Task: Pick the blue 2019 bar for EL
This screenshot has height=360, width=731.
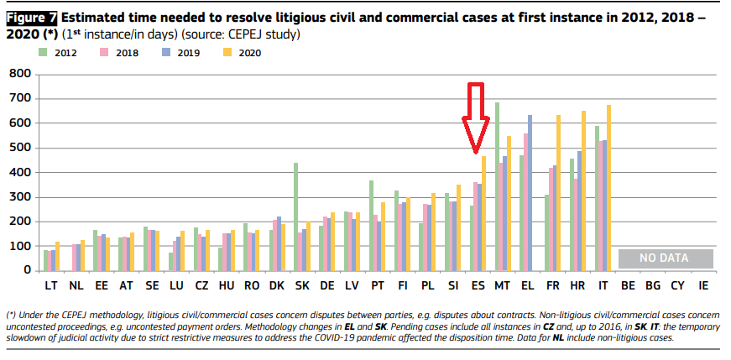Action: (530, 192)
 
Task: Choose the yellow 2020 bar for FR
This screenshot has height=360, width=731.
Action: (558, 192)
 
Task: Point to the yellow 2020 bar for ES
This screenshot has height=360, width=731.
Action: (483, 213)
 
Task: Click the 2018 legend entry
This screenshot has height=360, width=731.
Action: (122, 53)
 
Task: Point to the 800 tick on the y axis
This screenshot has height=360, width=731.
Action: (19, 75)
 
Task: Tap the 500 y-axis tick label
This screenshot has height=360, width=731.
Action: (19, 149)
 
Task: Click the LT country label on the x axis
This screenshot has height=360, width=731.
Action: (50, 286)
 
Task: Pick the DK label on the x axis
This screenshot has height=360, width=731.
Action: (276, 286)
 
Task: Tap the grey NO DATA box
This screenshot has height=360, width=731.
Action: (665, 258)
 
